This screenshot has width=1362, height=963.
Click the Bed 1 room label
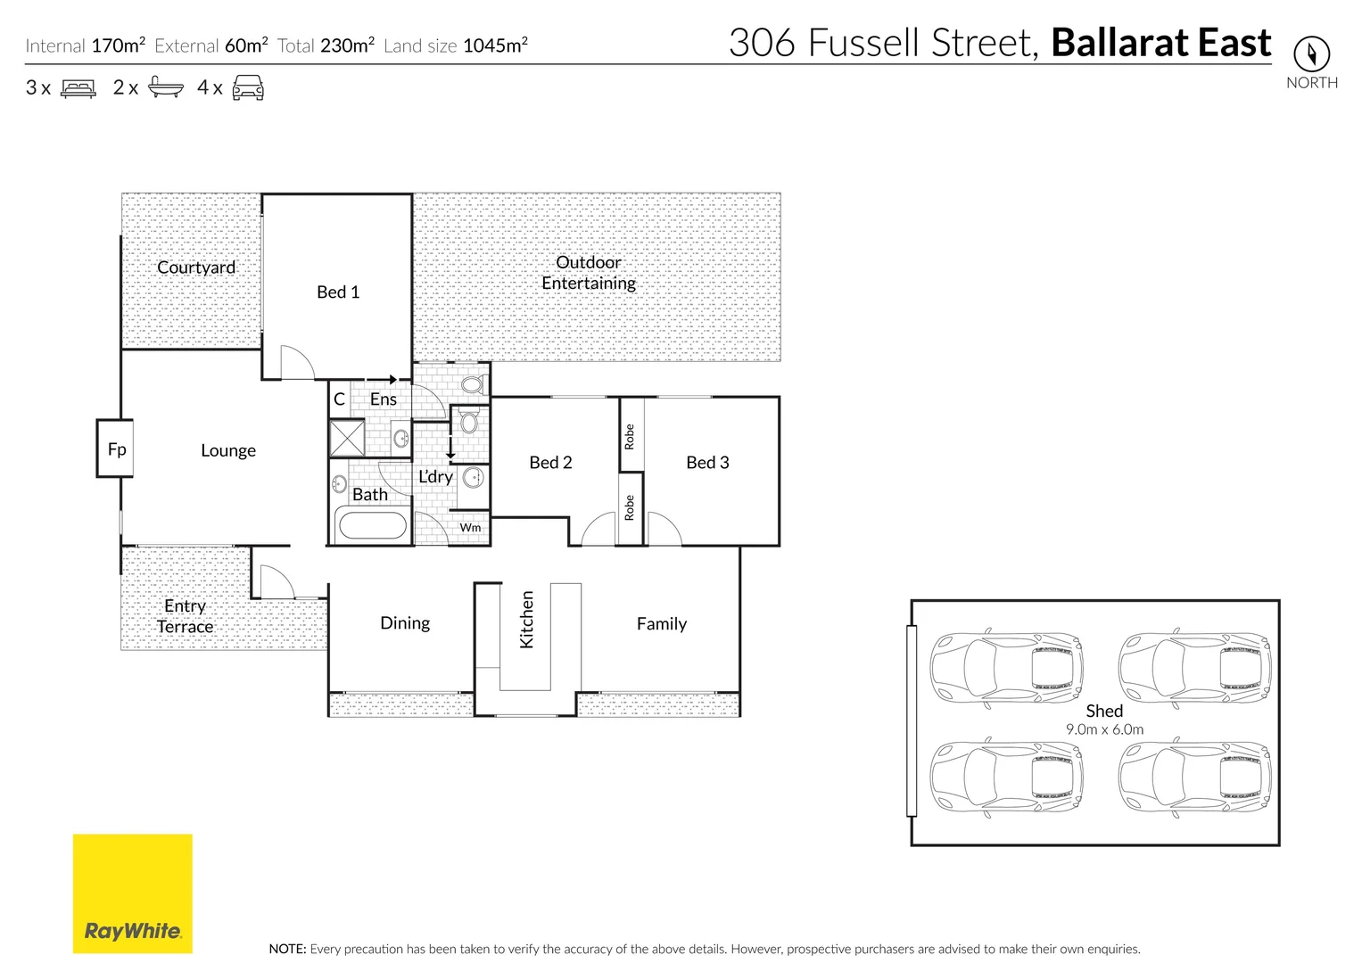point(338,292)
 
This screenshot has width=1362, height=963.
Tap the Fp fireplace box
point(116,449)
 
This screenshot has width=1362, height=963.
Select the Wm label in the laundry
point(470,528)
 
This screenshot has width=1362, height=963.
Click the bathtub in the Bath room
point(373,525)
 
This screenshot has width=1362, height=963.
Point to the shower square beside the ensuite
point(346,439)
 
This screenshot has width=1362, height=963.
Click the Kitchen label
point(526,620)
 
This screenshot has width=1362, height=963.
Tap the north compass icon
point(1311,54)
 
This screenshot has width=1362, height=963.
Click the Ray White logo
point(132,893)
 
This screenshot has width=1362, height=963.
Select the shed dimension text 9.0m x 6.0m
point(1104,729)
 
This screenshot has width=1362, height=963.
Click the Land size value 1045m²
point(495,45)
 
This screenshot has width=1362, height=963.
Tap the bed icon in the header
point(78,88)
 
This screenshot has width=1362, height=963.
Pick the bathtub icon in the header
point(166,87)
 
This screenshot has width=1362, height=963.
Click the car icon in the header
point(248,87)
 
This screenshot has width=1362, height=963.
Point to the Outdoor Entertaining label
point(589,273)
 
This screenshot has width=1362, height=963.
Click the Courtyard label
point(196,267)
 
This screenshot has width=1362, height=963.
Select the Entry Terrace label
point(185,616)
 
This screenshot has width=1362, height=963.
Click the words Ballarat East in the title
point(1161,43)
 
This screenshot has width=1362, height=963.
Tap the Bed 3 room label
point(707,463)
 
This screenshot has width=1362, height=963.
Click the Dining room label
point(405,623)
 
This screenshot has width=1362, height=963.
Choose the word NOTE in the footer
point(287,949)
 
